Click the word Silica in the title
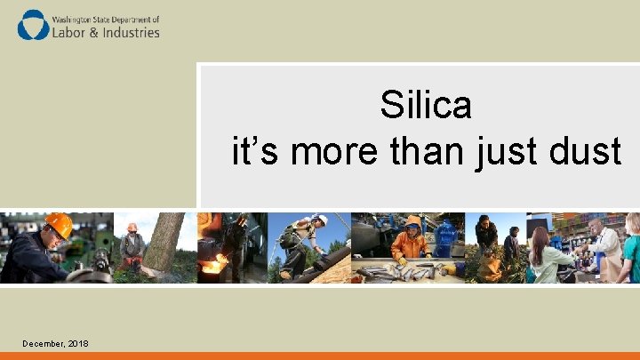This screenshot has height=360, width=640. pos(426,106)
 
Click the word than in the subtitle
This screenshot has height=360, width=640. pos(420,151)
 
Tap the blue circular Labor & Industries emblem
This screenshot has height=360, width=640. pos(34,24)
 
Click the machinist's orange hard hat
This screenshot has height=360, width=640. pos(59,224)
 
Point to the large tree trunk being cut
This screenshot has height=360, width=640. pos(164,240)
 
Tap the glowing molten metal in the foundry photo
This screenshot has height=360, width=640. pos(212,264)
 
